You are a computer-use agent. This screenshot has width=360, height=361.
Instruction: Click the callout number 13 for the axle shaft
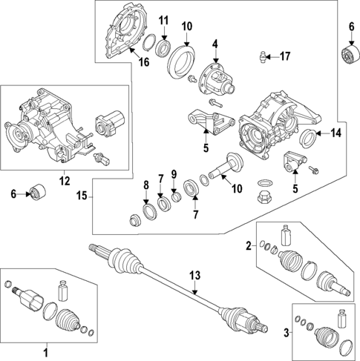(x=194, y=276)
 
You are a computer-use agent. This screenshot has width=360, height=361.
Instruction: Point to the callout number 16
(x=143, y=62)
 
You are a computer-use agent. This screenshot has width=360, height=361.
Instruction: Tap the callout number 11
(x=163, y=19)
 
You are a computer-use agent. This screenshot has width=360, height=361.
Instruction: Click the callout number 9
(x=173, y=174)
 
